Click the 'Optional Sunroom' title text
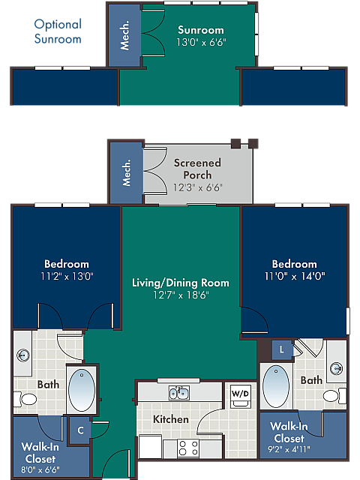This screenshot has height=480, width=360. [x=58, y=31]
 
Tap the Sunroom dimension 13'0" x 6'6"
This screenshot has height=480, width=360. [x=200, y=42]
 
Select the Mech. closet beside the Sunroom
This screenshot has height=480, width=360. [x=124, y=35]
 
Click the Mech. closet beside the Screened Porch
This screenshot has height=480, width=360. [x=126, y=172]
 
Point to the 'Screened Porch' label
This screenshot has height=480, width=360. [x=197, y=169]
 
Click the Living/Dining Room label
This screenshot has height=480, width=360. [x=180, y=283]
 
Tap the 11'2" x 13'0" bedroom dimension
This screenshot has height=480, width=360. [x=66, y=276]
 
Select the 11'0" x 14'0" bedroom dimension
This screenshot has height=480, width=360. [x=294, y=276]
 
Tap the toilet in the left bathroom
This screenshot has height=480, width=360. [x=28, y=401]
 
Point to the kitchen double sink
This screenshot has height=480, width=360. [x=178, y=393]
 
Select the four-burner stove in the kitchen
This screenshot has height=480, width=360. [x=188, y=448]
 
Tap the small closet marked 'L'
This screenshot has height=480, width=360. [x=281, y=349]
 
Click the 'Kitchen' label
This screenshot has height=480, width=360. [x=171, y=419]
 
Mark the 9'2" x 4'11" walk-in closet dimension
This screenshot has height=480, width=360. [x=289, y=450]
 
